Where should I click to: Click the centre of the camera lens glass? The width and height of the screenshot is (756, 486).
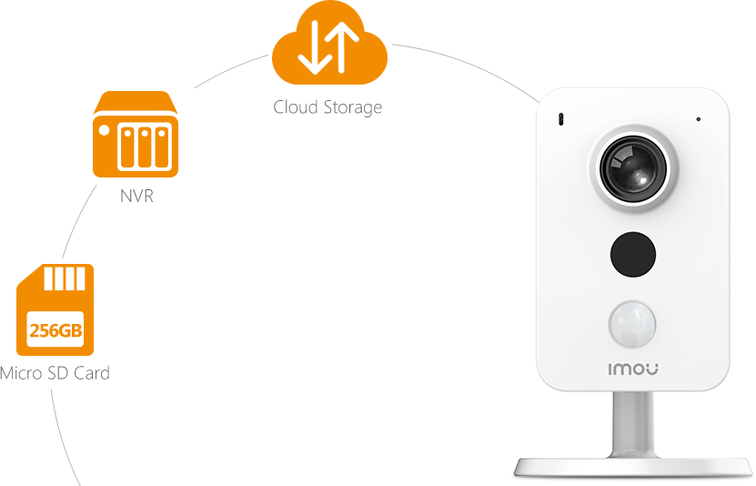pos(635,171)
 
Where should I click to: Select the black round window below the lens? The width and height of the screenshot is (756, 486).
pos(632,254)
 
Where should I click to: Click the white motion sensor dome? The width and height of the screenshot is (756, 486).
pos(633,322)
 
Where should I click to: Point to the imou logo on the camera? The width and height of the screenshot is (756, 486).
pos(633,370)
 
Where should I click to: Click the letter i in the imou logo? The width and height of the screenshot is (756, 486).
pos(610,370)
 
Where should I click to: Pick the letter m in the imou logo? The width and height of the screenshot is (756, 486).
pos(623,370)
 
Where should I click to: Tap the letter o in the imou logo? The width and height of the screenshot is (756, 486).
pos(639,370)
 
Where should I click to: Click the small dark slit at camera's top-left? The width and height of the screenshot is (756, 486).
pos(560,119)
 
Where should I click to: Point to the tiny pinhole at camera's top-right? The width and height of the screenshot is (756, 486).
pos(699,119)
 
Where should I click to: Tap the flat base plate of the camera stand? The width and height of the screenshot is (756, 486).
pos(634,468)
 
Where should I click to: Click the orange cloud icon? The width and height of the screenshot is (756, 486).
pos(329,55)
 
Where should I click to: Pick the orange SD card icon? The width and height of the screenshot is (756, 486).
pos(55,309)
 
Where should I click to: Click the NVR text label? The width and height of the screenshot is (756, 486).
pos(136,196)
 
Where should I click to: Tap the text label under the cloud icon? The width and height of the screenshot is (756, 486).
pos(328,107)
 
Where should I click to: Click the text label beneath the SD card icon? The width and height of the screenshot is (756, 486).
pos(55,372)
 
